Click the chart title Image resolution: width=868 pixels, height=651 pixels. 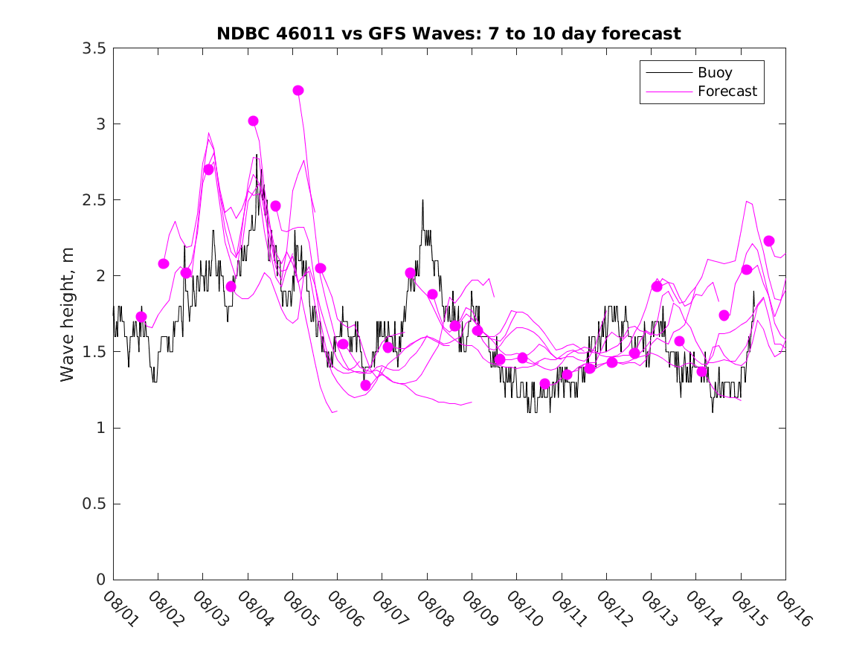[x=449, y=33]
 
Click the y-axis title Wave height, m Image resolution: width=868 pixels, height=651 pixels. [x=68, y=314]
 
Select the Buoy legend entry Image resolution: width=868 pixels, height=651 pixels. [x=715, y=73]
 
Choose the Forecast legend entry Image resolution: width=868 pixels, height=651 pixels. [x=727, y=92]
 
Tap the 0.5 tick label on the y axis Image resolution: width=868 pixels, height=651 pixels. [x=95, y=504]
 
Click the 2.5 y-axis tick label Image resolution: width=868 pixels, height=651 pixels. [x=95, y=200]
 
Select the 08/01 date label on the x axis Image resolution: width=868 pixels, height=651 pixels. [x=119, y=609]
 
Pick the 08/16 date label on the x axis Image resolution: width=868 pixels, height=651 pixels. [x=791, y=609]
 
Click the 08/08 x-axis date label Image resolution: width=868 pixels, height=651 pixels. [x=433, y=609]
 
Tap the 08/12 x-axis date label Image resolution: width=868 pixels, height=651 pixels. [x=612, y=609]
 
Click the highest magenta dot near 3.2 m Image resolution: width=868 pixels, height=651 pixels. [x=298, y=90]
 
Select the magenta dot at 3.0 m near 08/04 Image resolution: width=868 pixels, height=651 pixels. [x=253, y=121]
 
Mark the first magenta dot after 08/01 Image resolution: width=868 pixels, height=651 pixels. [x=141, y=317]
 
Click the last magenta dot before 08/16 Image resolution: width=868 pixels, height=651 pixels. [x=769, y=240]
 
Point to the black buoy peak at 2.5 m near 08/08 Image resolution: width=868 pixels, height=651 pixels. [x=422, y=200]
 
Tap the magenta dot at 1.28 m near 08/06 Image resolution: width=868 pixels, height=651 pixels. [x=365, y=385]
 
